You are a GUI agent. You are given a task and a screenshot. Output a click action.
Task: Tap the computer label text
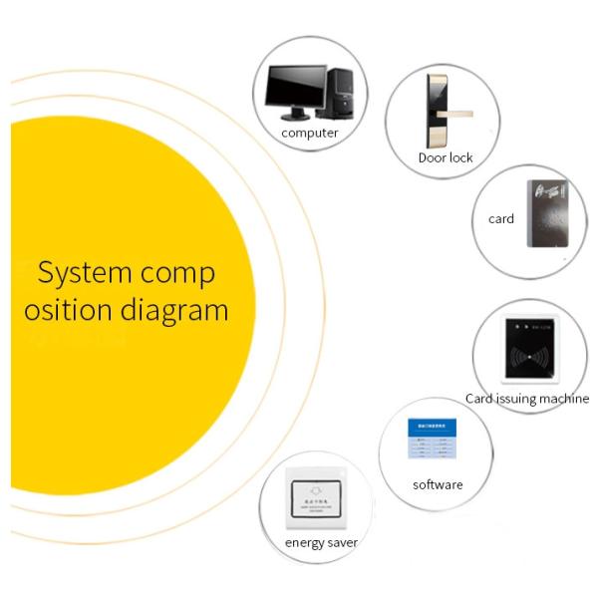(x=309, y=133)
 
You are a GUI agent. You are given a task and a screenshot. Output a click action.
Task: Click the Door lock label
(x=446, y=157)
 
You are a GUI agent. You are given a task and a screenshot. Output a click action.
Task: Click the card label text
(x=501, y=218)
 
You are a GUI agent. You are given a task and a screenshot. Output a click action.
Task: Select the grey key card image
(x=547, y=212)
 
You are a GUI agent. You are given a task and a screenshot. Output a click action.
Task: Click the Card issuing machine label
(x=527, y=399)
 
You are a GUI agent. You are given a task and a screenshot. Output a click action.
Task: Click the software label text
(x=438, y=485)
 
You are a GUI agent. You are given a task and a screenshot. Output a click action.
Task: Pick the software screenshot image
(x=432, y=442)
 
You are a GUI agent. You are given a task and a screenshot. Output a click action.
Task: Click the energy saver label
(x=321, y=543)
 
